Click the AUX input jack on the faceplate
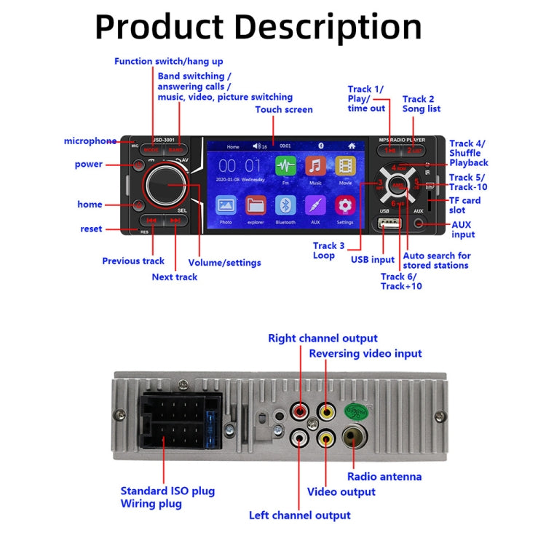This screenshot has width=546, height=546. tap(419, 223)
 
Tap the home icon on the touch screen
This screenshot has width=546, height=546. tap(352, 146)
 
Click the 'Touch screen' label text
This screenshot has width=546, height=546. tap(284, 110)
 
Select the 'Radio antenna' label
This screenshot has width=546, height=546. tap(384, 477)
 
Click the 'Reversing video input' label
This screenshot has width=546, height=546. tap(365, 354)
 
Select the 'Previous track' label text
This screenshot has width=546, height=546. tap(133, 261)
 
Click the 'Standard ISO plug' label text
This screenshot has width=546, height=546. tap(167, 491)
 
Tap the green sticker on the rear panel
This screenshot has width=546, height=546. tap(354, 410)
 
